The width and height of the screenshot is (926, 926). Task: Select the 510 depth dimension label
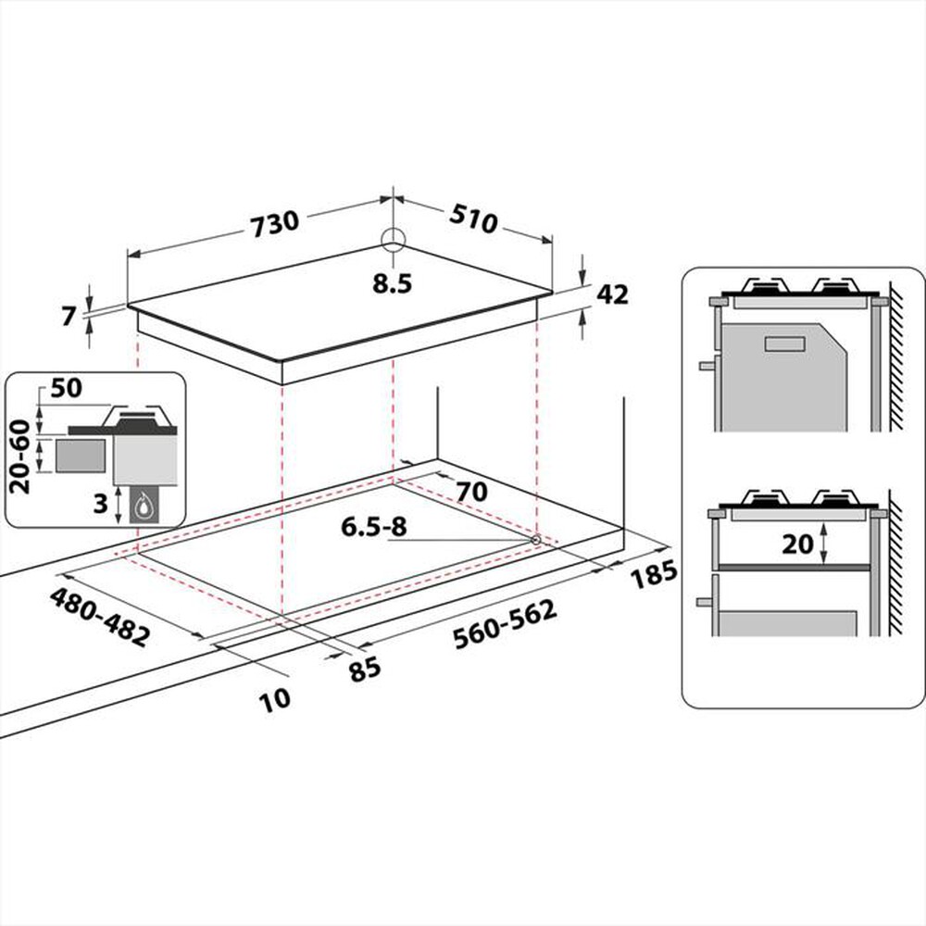[473, 220]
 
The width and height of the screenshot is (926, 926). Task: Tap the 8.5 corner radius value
[393, 284]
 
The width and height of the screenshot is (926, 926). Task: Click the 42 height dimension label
[612, 294]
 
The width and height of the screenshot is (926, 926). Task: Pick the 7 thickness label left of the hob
[68, 315]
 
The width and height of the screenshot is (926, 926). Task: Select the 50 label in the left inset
[68, 389]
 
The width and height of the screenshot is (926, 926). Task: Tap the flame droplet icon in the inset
[143, 507]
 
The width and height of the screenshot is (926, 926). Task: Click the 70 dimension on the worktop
[471, 493]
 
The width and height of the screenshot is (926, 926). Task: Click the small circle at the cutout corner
[535, 539]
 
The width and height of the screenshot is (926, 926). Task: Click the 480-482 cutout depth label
[101, 617]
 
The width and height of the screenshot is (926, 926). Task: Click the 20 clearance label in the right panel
[795, 544]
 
